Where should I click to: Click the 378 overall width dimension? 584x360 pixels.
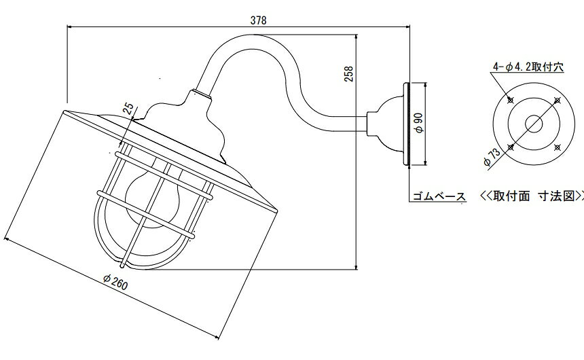coord(259,20)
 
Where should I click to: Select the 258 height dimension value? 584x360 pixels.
coord(349,74)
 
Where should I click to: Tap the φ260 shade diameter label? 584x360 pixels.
coord(116,282)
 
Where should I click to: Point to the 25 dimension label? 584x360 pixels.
coord(128,109)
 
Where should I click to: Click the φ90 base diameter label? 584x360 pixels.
coord(419,123)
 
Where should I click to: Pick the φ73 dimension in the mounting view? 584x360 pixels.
coord(492,156)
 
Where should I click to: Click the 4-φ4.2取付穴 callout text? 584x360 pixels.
coord(528,67)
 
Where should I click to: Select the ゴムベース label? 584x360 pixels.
coord(439,196)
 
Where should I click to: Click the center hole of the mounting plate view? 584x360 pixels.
coord(534,124)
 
